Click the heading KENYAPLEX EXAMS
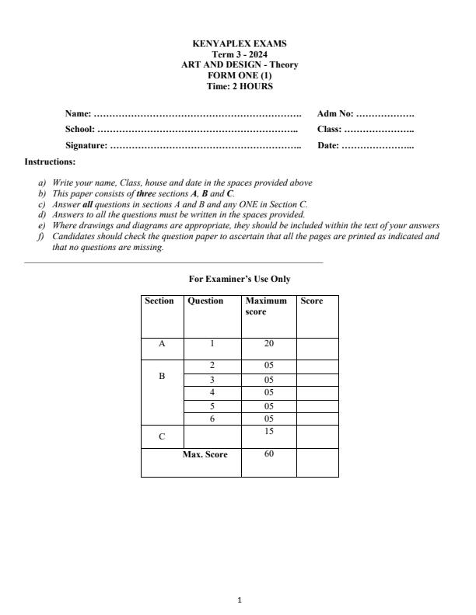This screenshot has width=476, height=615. [239, 44]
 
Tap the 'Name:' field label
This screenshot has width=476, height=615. [78, 114]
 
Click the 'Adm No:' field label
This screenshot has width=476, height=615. [335, 114]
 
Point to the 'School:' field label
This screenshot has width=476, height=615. [80, 130]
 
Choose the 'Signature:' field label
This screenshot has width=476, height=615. [86, 145]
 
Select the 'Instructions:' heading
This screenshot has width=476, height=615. [51, 162]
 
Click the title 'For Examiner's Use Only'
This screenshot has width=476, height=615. [240, 279]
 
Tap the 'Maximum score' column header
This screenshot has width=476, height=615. [266, 306]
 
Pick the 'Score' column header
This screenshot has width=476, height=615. [311, 301]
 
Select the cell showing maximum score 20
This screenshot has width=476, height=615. [268, 343]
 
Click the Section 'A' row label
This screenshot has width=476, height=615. [162, 343]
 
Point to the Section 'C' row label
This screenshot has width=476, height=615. [162, 436]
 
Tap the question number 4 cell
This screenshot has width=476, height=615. [212, 393]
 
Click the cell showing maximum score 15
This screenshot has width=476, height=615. [268, 431]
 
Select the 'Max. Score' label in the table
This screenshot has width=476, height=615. [205, 454]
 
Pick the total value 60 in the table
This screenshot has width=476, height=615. [268, 454]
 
